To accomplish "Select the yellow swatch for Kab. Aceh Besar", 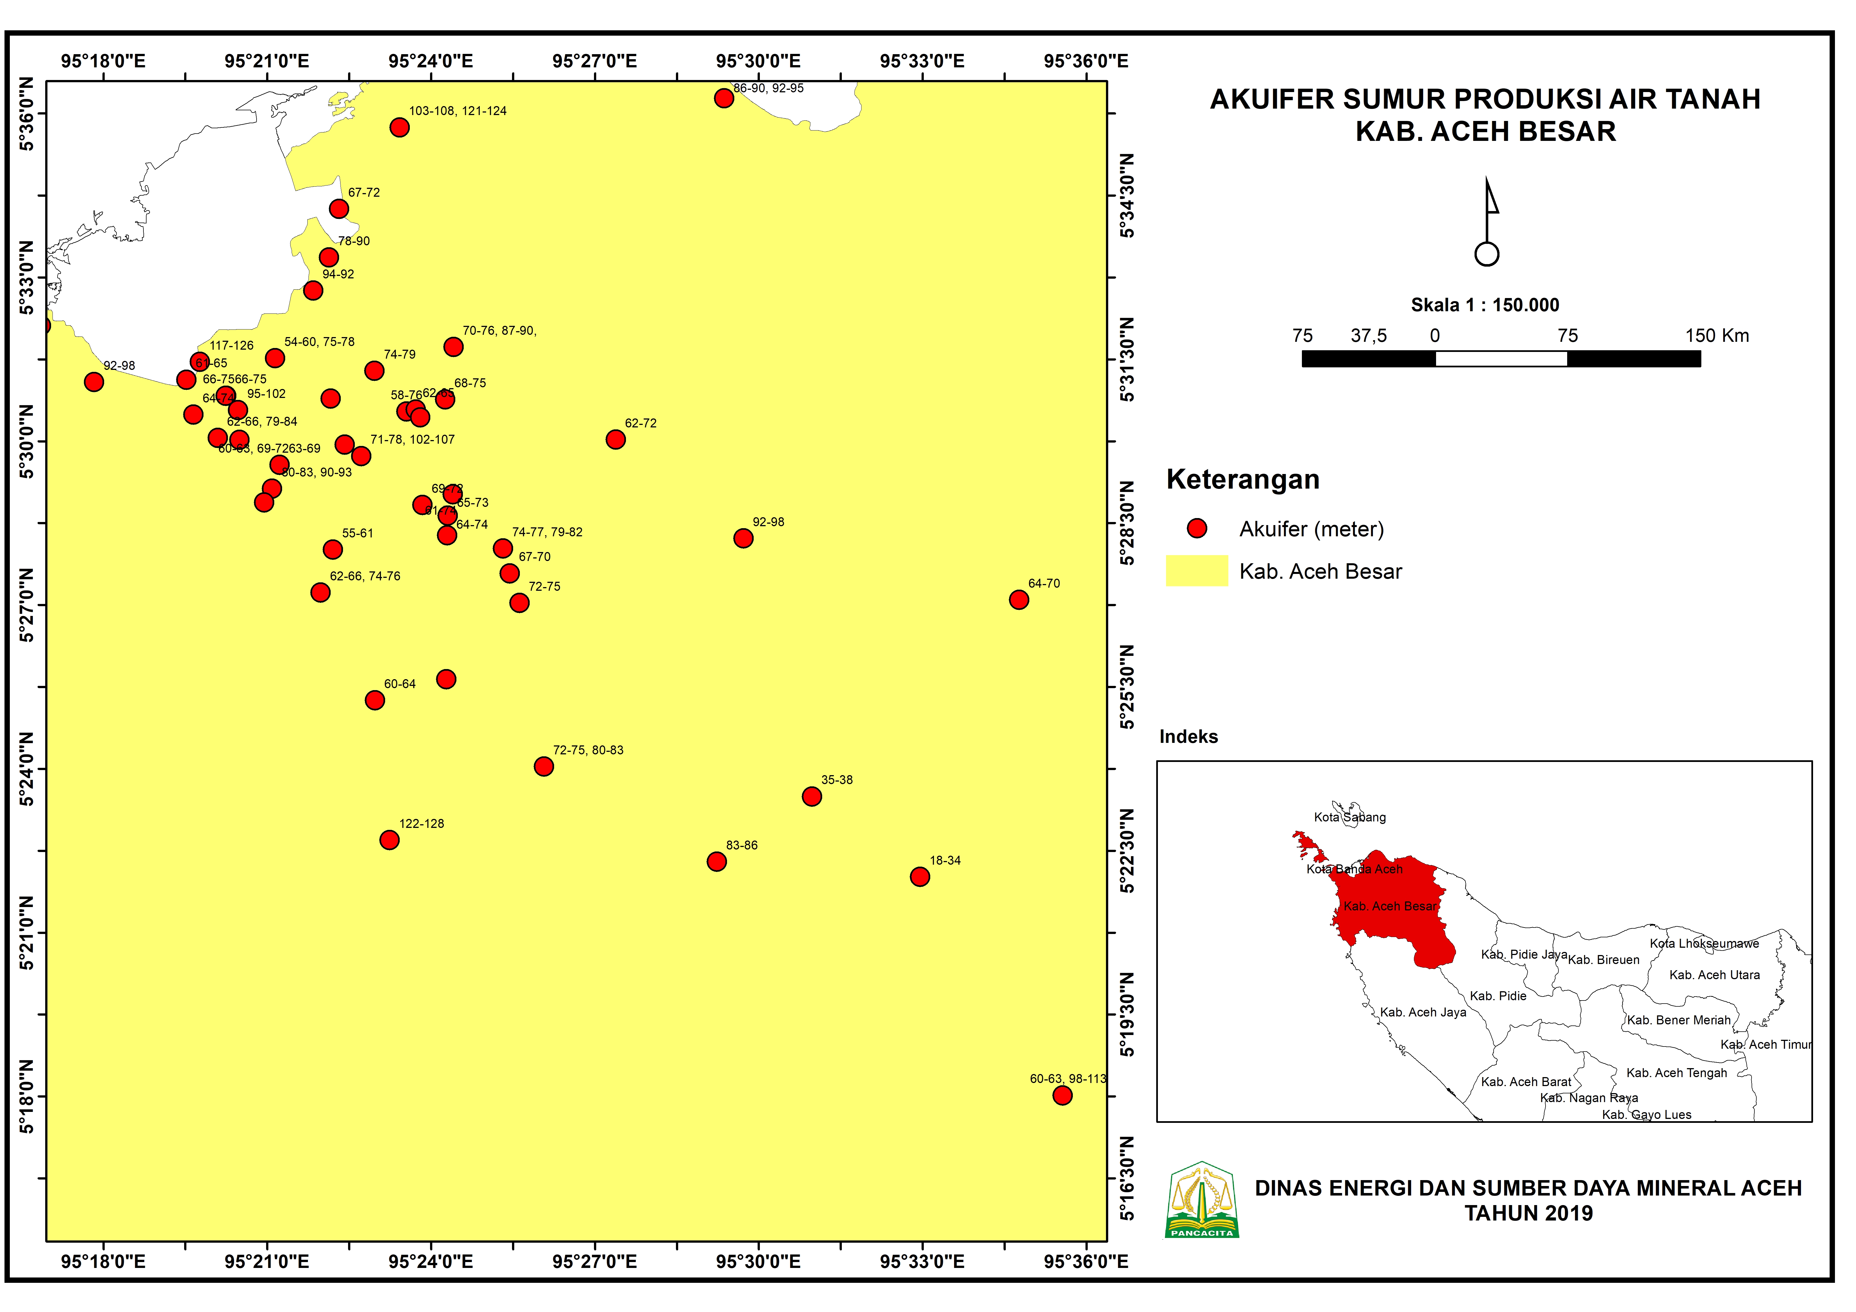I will pos(1196,571).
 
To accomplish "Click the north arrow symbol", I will pos(1487,222).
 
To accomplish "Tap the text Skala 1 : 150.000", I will pos(1485,305).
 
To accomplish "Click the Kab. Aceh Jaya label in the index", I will pos(1423,1012).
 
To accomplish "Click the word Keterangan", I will pos(1242,479).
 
